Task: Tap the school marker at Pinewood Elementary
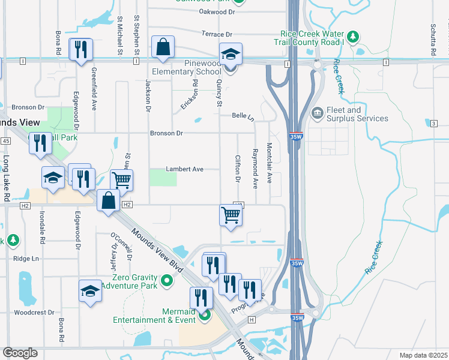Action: [x=231, y=55]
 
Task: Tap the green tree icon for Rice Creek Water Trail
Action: [x=354, y=37]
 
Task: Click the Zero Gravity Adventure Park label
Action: [x=133, y=281]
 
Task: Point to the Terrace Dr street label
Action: [x=217, y=35]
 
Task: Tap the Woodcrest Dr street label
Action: [x=34, y=313]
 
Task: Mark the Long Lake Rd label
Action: [x=6, y=170]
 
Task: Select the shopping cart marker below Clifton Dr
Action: [x=231, y=215]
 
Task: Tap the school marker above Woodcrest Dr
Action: [x=91, y=291]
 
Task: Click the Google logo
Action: [x=20, y=353]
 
